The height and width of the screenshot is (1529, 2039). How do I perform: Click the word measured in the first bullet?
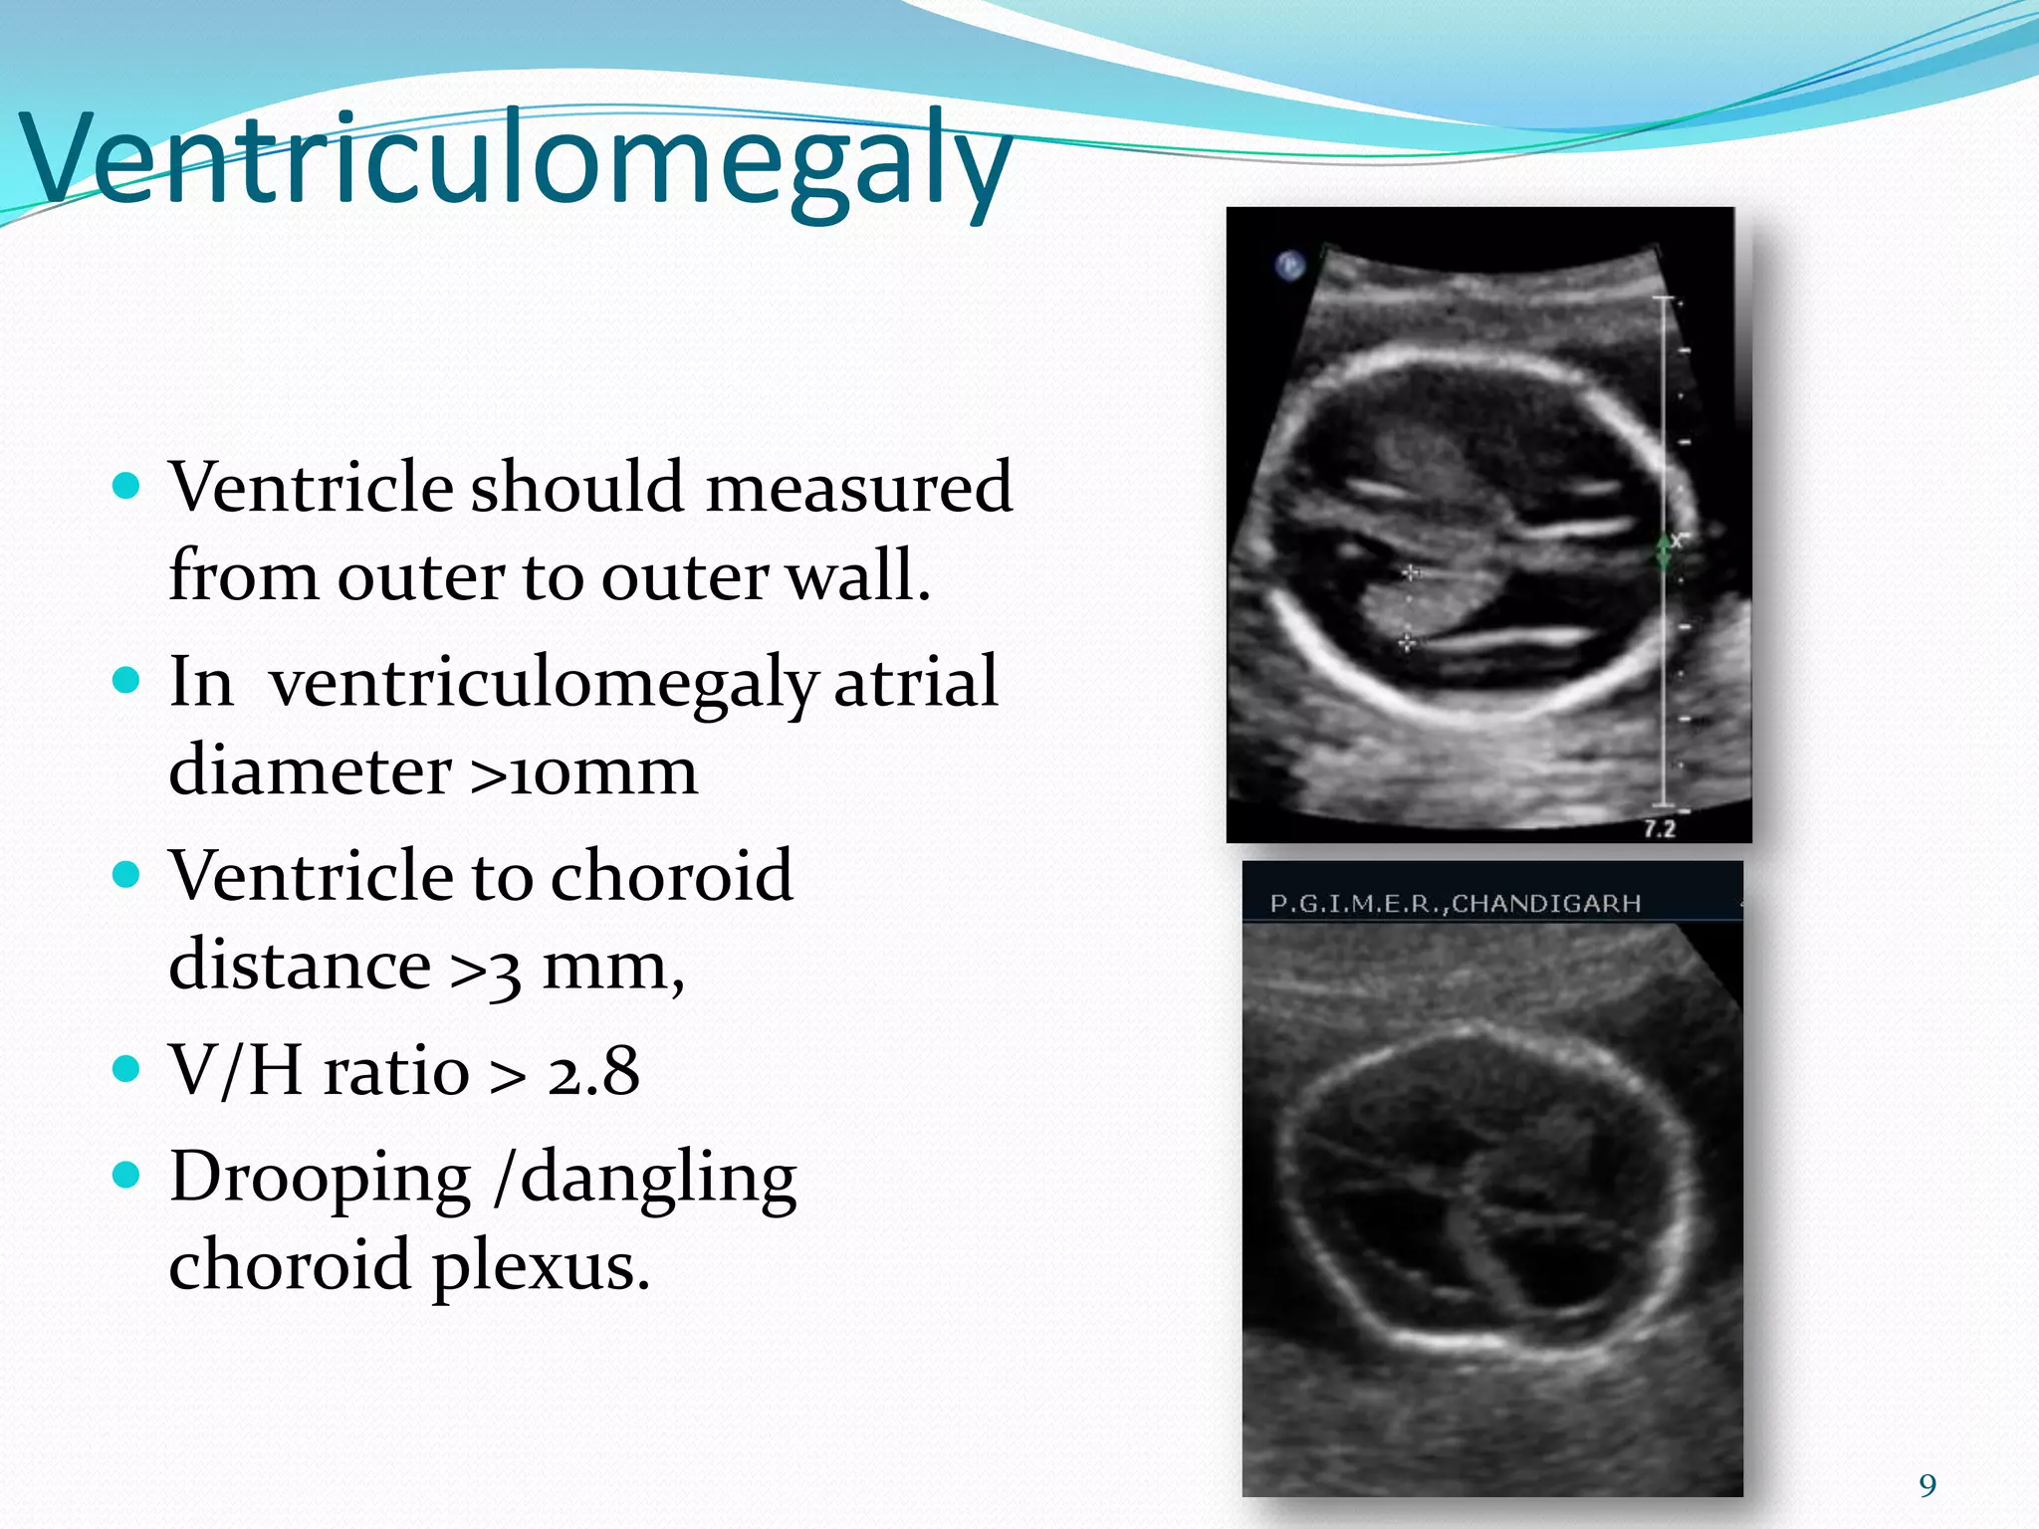(858, 488)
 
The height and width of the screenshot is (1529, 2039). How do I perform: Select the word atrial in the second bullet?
(915, 683)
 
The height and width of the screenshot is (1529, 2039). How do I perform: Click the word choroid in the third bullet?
(671, 877)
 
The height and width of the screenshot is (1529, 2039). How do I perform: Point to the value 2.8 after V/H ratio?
(593, 1072)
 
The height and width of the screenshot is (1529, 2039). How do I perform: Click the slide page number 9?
(1927, 1486)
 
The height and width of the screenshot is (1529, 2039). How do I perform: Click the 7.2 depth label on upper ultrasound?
(1659, 828)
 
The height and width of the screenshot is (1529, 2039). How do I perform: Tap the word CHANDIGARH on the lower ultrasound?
(1546, 904)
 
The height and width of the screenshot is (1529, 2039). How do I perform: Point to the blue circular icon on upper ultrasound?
(1289, 265)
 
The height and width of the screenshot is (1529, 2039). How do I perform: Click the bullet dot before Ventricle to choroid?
(126, 876)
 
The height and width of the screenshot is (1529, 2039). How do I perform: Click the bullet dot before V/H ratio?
(126, 1070)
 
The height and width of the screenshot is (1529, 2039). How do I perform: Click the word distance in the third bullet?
(299, 966)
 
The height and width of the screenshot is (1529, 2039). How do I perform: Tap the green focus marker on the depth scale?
(1664, 552)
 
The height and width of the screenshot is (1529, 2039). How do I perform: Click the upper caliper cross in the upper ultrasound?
(1410, 572)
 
